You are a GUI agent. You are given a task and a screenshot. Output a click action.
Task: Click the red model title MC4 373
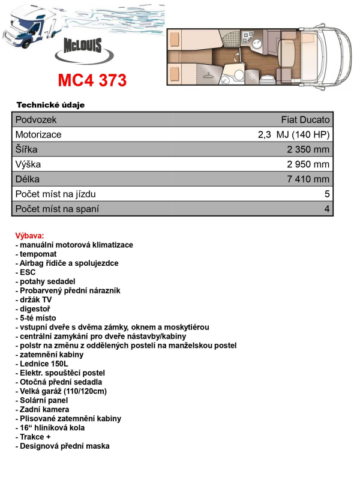pos(92,80)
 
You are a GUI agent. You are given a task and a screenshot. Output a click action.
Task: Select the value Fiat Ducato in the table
pos(305,120)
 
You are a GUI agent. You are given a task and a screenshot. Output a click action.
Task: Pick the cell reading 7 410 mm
pos(309,179)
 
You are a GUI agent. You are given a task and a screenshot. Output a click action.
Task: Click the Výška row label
pos(28,164)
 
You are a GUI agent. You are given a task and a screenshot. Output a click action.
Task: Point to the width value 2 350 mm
pos(309,149)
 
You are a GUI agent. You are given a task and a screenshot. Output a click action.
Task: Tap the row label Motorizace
pos(38,135)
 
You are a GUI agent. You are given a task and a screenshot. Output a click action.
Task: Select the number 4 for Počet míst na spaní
pos(327,209)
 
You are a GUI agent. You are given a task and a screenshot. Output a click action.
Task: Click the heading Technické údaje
pos(50,105)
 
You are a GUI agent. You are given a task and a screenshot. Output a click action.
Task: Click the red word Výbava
pos(30,236)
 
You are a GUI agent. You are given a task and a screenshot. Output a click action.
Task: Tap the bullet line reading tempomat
pos(37,254)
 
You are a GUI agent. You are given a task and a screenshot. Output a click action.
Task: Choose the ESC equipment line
pos(25,272)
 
